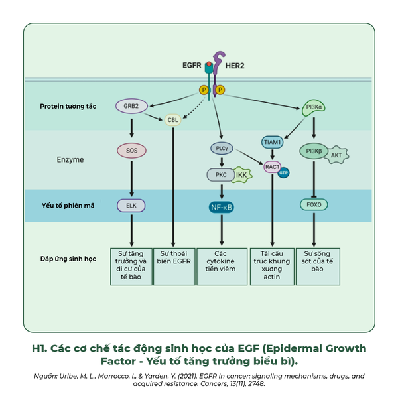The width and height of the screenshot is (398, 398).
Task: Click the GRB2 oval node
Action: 131,106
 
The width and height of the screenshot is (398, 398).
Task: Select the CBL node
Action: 173,120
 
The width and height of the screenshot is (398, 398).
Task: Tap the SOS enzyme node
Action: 131,151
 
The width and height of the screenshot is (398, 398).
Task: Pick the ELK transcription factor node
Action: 131,206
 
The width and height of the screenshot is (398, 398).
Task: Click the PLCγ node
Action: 222,148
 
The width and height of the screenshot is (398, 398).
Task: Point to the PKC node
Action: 221,175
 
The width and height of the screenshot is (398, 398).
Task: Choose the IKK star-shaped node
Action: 242,175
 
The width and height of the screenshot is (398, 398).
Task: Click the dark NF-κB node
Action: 222,208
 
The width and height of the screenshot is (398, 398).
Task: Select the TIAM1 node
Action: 272,142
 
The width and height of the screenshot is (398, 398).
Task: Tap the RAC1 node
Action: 272,166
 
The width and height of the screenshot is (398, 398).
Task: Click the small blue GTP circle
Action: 283,173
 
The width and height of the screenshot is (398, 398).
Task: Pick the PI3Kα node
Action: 314,107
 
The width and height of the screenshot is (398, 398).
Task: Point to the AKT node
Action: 336,155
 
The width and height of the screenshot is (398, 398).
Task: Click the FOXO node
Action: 314,204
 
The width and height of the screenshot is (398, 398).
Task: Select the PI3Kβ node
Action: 314,151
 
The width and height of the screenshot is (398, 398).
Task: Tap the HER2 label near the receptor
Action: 235,66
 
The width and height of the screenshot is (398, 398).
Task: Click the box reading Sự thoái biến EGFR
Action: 174,267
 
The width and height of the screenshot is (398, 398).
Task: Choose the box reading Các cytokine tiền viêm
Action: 222,267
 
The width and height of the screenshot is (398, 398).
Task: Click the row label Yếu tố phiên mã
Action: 68,206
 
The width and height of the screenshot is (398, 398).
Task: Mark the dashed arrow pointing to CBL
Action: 194,107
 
